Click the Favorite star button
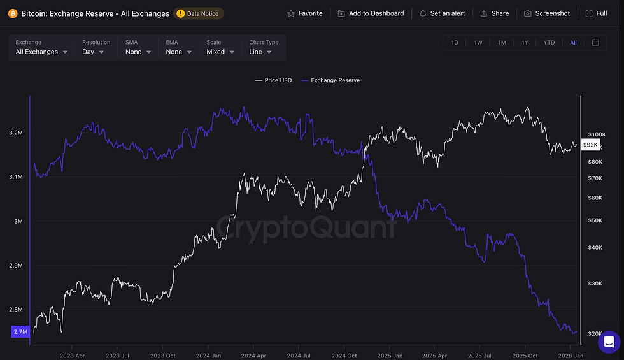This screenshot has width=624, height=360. pos(305,13)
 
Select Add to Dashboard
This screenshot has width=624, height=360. pos(371,13)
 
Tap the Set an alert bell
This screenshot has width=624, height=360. pos(442,13)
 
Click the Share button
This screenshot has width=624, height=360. pos(494,13)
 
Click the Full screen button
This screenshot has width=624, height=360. pos(596,13)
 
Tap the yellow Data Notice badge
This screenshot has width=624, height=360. pos(199,13)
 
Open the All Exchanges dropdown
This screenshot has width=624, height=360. pos(41,52)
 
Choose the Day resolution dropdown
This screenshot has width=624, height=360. pos(93,52)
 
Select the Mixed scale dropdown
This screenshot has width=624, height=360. pos(220,52)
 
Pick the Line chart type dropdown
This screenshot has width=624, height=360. pos(260,52)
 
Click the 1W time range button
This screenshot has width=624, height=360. pos(478,43)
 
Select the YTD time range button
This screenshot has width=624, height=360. pos(549,43)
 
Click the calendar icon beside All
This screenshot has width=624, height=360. pos(595,43)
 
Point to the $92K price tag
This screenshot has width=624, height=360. pos(590,145)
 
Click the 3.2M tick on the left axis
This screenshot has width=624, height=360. pos(16,133)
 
